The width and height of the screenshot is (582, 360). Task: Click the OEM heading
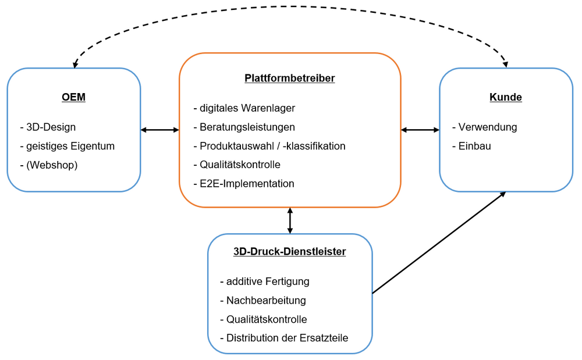point(73,97)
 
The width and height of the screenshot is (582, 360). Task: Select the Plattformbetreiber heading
point(290,78)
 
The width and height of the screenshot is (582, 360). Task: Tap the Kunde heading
point(506,97)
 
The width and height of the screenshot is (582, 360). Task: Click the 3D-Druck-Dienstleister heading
point(290,252)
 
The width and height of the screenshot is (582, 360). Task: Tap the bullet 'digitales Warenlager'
point(244,108)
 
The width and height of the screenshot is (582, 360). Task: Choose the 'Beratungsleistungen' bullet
point(244,127)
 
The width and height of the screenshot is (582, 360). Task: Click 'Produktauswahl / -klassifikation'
point(269,146)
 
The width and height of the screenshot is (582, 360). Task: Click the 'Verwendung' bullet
point(484,127)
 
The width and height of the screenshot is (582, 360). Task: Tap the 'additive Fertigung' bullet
point(265,281)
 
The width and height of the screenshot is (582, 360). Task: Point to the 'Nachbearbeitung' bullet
point(263,301)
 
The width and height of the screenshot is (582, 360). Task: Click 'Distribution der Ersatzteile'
point(284,338)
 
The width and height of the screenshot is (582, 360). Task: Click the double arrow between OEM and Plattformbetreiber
point(160,130)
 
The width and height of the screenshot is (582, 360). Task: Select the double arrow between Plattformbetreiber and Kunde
point(420,130)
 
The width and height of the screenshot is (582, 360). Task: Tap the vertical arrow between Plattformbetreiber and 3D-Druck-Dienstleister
point(290,220)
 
